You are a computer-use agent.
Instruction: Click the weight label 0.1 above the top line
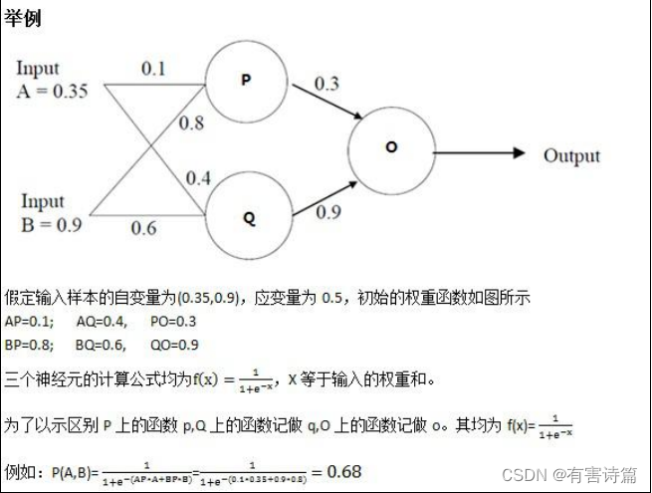coord(153,69)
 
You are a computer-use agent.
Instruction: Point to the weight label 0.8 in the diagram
coord(191,123)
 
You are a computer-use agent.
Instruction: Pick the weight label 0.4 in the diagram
coord(198,178)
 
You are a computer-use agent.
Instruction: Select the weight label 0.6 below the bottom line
coord(143,228)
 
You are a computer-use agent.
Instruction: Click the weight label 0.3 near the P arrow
coord(326,84)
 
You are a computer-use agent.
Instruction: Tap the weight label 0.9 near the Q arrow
coord(328,211)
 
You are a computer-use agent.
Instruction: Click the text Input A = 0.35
coord(51,80)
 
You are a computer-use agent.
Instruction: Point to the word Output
coord(571,155)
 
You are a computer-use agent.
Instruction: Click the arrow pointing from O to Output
coord(478,152)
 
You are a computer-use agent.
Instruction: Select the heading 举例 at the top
coord(23,19)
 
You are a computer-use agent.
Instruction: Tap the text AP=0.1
coord(25,322)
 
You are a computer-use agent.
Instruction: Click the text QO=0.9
coord(173,345)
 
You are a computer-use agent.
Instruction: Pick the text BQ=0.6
coord(101,345)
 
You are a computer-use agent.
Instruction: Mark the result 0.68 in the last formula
coord(342,470)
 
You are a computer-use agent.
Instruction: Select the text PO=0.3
coord(173,322)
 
